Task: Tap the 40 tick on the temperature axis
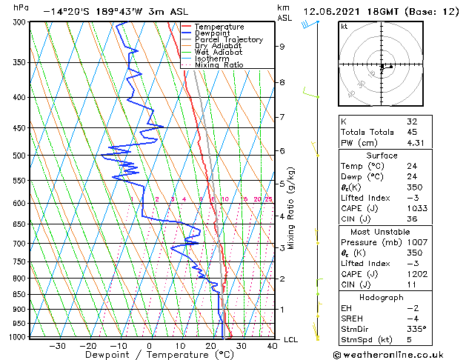click(273, 345)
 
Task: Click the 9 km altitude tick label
click(282, 47)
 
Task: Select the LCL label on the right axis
click(291, 339)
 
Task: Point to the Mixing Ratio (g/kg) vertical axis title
click(291, 208)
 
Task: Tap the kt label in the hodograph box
click(344, 26)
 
